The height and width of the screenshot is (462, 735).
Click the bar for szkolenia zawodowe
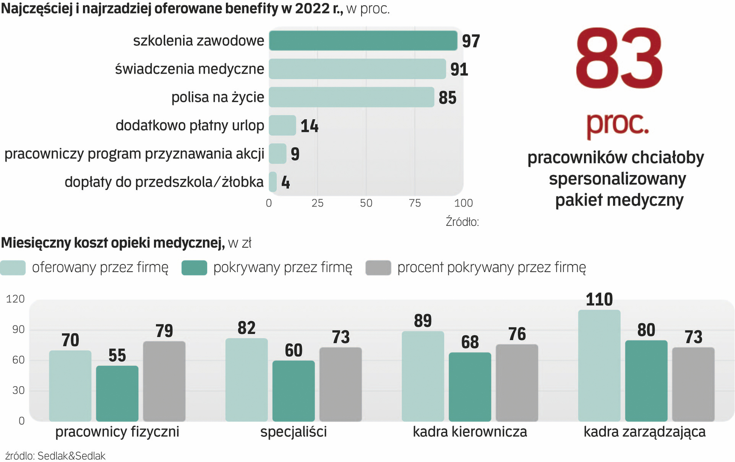tap(363, 41)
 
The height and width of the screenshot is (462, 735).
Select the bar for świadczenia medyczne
tap(357, 69)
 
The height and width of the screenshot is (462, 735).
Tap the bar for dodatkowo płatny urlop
tap(282, 125)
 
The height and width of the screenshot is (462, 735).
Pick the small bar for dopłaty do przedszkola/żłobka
tap(273, 182)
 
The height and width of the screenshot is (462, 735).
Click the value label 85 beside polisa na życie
tap(448, 98)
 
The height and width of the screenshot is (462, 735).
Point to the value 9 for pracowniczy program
tap(295, 154)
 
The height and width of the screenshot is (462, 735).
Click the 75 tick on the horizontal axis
tap(415, 203)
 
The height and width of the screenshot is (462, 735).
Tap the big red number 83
tap(619, 59)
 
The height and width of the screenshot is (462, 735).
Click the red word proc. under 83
tap(617, 123)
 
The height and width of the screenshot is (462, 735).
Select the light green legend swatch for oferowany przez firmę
tap(13, 268)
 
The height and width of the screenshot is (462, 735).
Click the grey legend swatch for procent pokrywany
tap(378, 268)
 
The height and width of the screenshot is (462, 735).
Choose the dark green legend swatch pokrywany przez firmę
tap(194, 268)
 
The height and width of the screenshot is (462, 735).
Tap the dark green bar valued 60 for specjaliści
tap(293, 391)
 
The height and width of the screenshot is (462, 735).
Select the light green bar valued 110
tap(599, 365)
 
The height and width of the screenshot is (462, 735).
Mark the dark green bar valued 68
tap(470, 387)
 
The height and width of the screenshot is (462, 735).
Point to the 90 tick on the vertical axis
tap(15, 329)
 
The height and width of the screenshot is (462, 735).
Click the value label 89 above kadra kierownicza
tap(423, 321)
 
